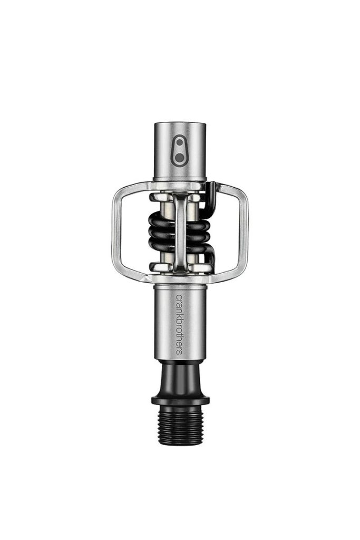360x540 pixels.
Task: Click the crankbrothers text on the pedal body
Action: pos(179,324)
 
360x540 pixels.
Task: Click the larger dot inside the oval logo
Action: pos(179,158)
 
